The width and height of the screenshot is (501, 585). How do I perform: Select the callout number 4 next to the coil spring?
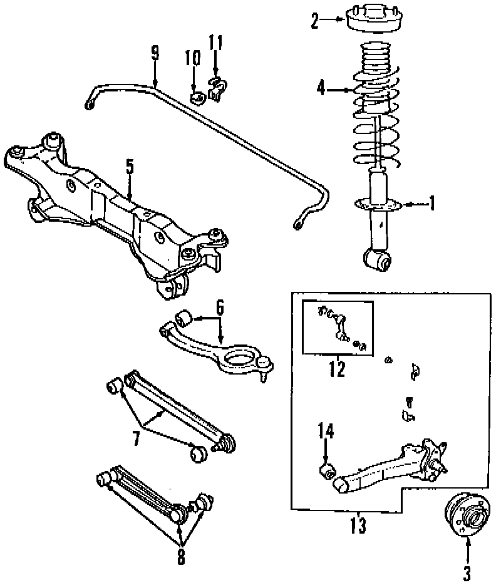point(321,90)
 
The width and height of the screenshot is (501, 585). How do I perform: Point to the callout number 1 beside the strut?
point(431,204)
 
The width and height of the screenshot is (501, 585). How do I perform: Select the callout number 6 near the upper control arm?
point(220,308)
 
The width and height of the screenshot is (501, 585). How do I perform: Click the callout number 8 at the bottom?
point(181,556)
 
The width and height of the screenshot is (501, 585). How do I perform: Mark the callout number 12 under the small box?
point(337,370)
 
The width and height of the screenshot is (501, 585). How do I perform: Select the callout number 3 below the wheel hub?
point(467,572)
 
